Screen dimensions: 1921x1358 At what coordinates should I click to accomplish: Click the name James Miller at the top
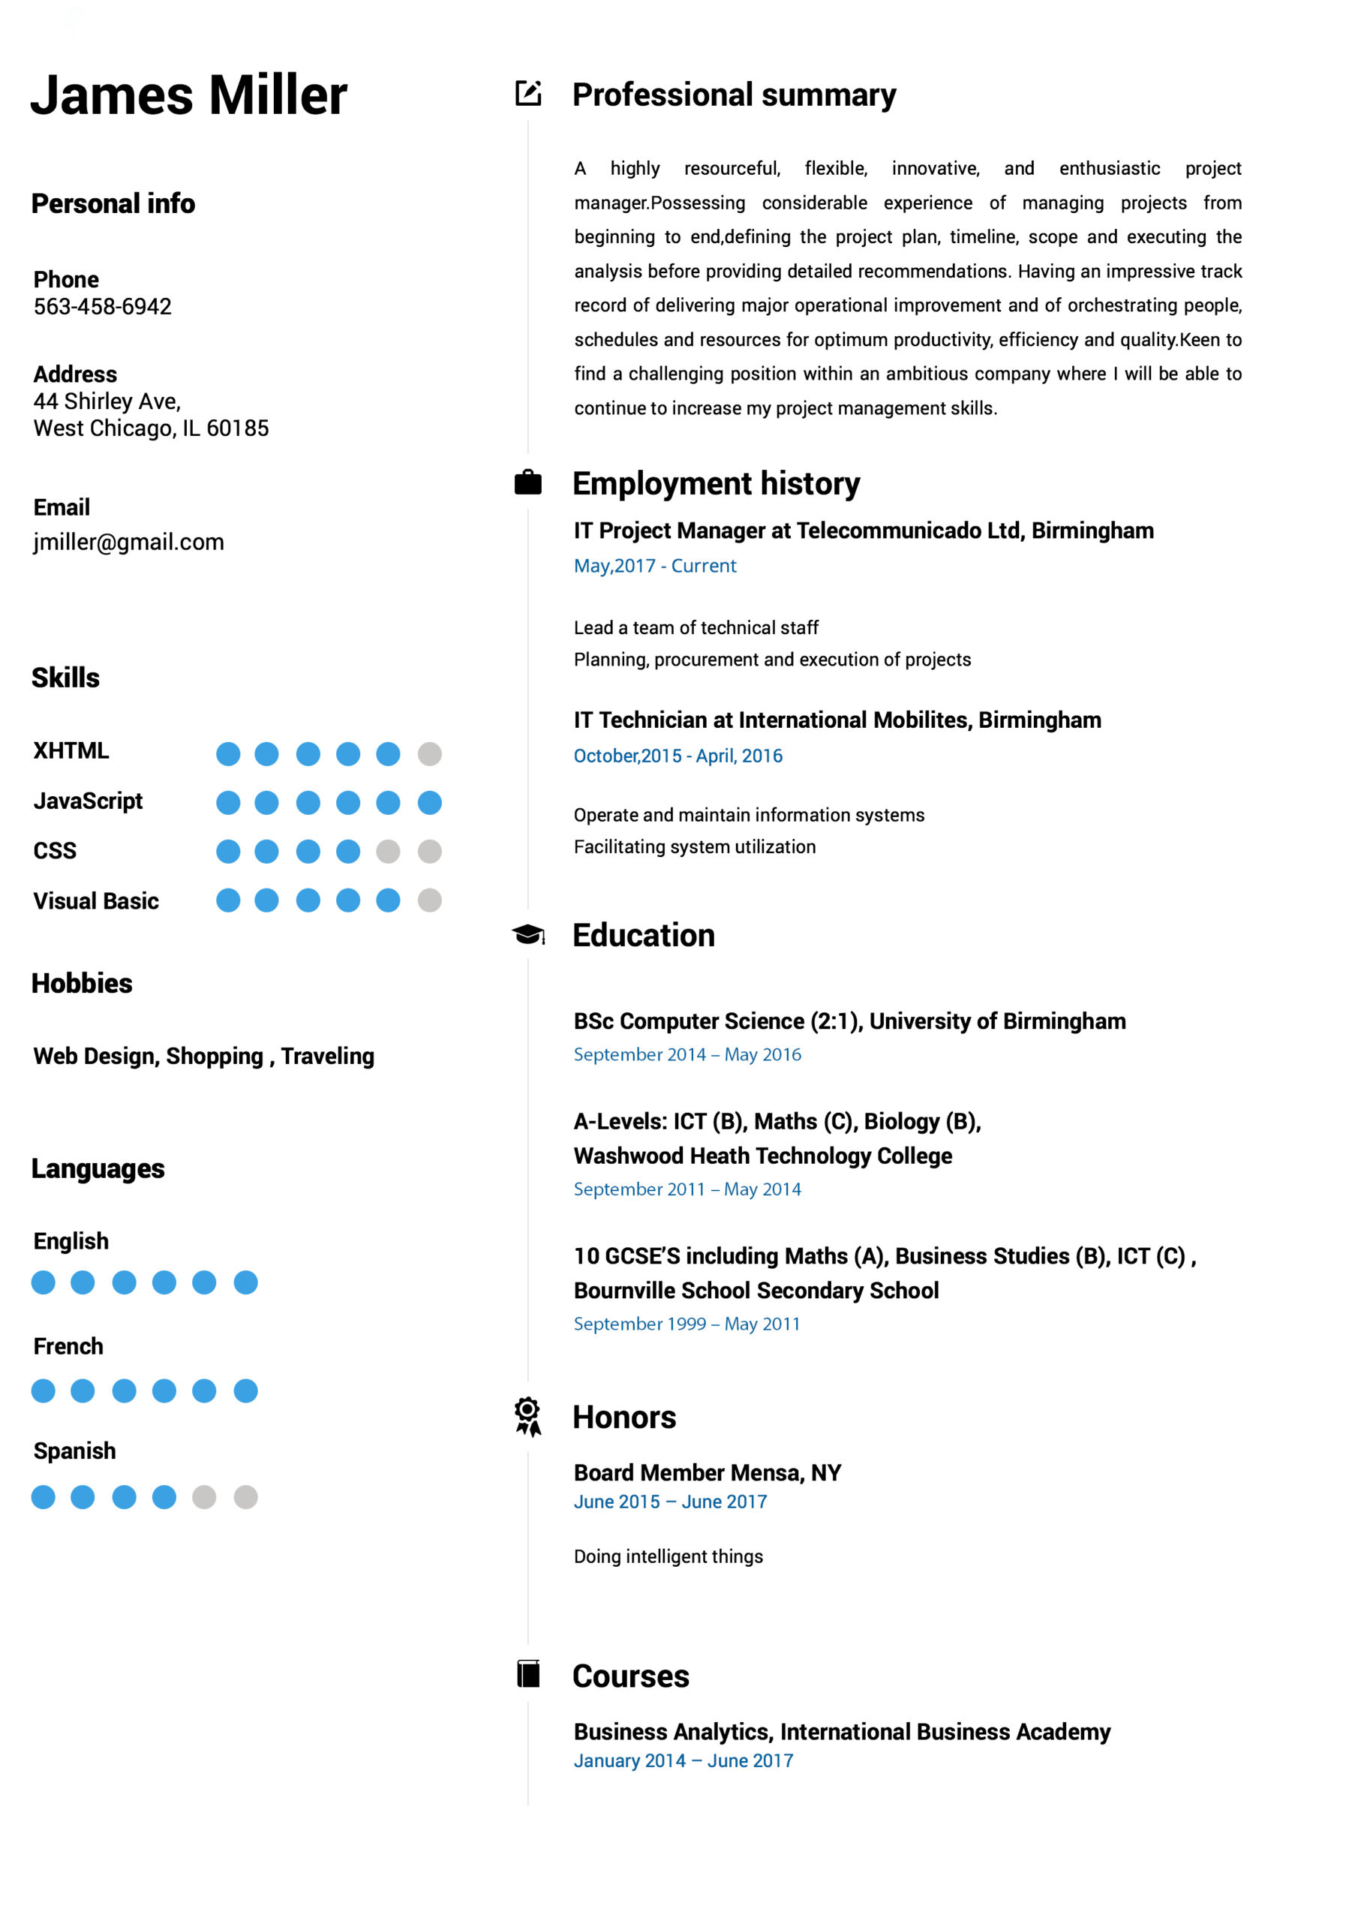pyautogui.click(x=188, y=95)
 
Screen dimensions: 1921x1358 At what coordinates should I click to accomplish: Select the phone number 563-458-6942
pyautogui.click(x=102, y=306)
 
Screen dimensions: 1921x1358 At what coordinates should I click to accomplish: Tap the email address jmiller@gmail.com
pyautogui.click(x=129, y=543)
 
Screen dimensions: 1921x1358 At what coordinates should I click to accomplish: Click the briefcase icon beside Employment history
pyautogui.click(x=527, y=483)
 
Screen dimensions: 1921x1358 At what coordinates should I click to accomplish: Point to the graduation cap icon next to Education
pyautogui.click(x=528, y=933)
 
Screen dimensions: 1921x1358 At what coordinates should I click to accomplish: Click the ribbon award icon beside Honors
pyautogui.click(x=527, y=1416)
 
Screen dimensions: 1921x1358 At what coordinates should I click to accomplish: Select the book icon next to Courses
pyautogui.click(x=528, y=1674)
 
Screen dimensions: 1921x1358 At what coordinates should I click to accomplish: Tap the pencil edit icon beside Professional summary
pyautogui.click(x=528, y=93)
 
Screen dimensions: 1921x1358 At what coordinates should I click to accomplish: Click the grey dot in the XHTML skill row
pyautogui.click(x=429, y=754)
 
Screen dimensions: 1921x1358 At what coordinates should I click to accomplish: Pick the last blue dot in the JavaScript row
pyautogui.click(x=429, y=802)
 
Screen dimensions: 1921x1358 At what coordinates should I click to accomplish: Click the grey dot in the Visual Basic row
pyautogui.click(x=429, y=900)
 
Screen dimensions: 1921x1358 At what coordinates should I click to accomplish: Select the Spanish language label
pyautogui.click(x=74, y=1451)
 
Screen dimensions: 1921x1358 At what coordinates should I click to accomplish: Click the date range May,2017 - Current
pyautogui.click(x=654, y=567)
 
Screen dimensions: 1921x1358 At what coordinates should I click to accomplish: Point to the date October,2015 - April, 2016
pyautogui.click(x=677, y=756)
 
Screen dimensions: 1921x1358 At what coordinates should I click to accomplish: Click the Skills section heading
pyautogui.click(x=65, y=678)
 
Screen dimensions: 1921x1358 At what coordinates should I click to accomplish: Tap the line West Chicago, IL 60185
pyautogui.click(x=151, y=428)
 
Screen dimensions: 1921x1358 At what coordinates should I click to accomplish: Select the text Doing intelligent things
pyautogui.click(x=668, y=1556)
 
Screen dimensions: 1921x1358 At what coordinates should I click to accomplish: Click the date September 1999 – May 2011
pyautogui.click(x=686, y=1324)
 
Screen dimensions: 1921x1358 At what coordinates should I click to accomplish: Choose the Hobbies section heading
pyautogui.click(x=82, y=983)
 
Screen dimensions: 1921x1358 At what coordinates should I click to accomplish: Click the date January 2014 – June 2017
pyautogui.click(x=683, y=1760)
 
